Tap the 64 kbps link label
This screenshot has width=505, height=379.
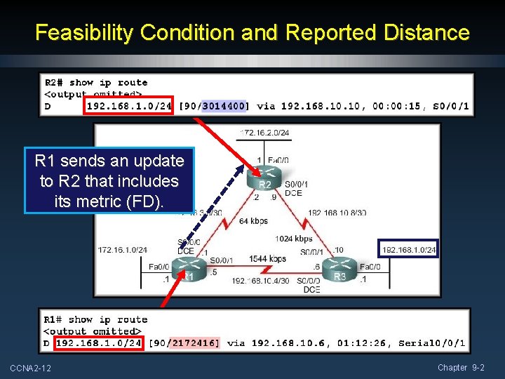tap(252, 221)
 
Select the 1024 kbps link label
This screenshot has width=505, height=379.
tap(294, 239)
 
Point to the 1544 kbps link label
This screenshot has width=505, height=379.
tap(267, 259)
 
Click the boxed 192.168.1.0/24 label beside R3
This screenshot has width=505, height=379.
tap(409, 249)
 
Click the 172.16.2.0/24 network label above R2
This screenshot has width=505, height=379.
tap(264, 132)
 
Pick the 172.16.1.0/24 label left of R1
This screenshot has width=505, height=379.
tap(123, 249)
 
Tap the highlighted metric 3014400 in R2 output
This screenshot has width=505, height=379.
tap(224, 106)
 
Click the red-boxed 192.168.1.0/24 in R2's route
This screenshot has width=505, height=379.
tap(129, 106)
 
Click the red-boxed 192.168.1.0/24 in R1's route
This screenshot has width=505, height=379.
tap(99, 343)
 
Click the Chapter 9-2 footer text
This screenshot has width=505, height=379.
tap(461, 368)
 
